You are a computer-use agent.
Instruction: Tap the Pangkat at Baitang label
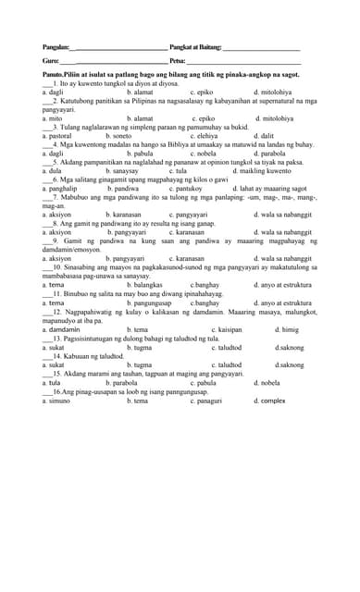tap(196, 47)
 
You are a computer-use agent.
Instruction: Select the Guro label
tap(51, 61)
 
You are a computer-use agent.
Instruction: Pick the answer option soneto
tap(138, 135)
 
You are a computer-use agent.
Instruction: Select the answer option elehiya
tap(204, 135)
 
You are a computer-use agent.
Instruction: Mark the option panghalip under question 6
tap(60, 188)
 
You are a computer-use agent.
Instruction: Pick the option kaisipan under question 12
tap(226, 328)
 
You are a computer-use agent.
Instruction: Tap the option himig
tap(287, 328)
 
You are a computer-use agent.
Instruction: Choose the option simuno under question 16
tap(57, 400)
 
